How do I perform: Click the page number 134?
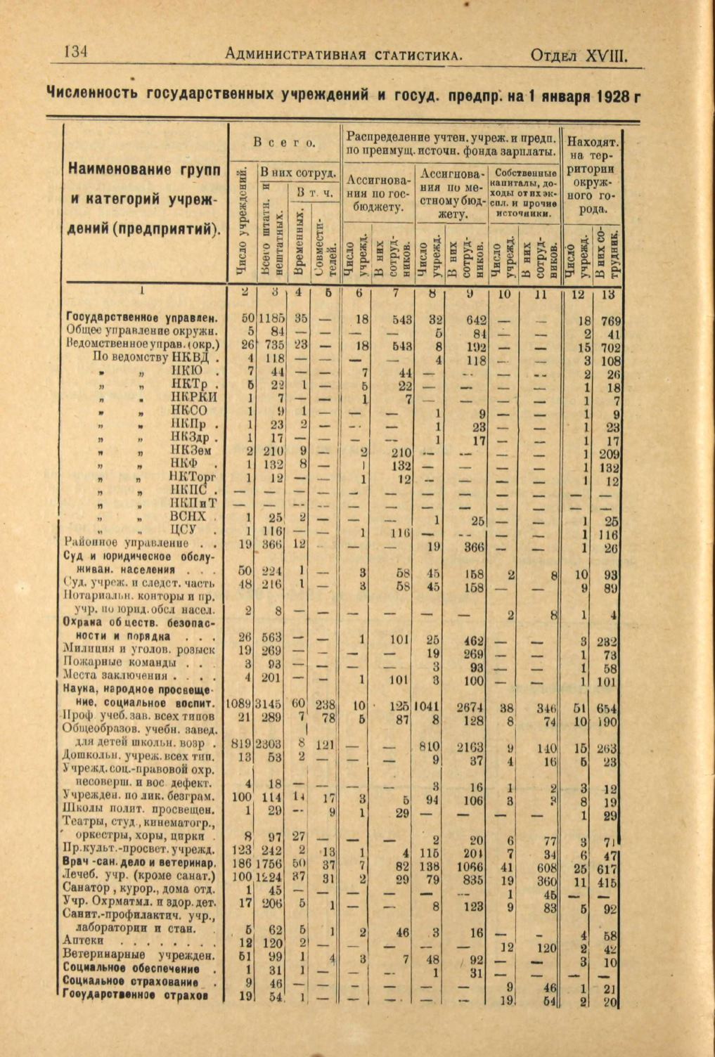[x=75, y=51]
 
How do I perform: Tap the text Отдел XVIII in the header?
[x=578, y=54]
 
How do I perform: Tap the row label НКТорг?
[x=194, y=477]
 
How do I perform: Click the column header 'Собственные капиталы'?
[x=526, y=173]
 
